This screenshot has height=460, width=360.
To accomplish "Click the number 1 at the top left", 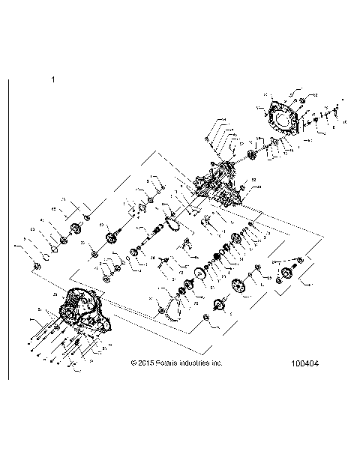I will (x=52, y=79).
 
